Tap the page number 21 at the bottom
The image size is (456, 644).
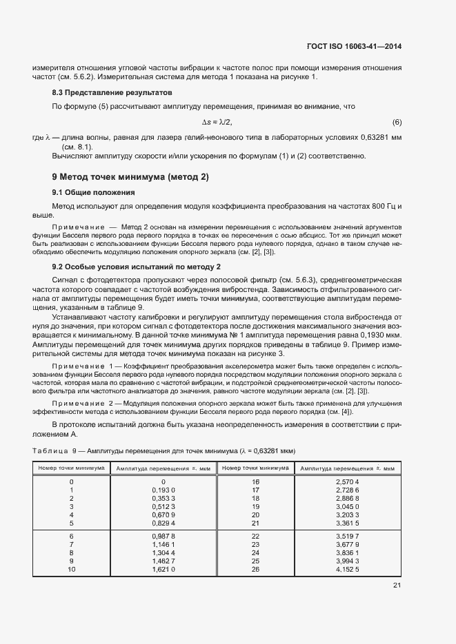397,585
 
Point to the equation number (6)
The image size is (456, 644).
397,122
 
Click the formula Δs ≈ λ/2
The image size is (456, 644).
215,122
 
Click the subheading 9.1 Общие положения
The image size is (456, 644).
93,192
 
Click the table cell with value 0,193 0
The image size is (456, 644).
163,489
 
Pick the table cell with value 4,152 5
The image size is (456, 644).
347,570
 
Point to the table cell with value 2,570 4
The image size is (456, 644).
347,481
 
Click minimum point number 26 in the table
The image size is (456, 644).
255,570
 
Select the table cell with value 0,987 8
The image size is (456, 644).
163,535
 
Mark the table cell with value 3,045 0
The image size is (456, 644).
347,506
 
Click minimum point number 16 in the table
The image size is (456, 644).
255,481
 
